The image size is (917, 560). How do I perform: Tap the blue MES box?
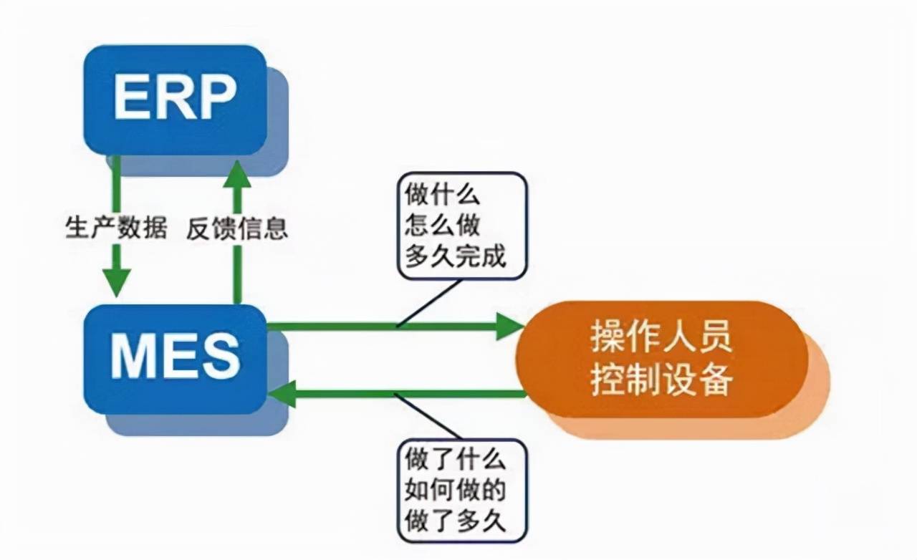click(175, 358)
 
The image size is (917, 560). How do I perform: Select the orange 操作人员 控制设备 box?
click(663, 358)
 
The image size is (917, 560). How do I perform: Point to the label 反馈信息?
click(237, 229)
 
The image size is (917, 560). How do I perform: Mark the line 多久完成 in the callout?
click(456, 256)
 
